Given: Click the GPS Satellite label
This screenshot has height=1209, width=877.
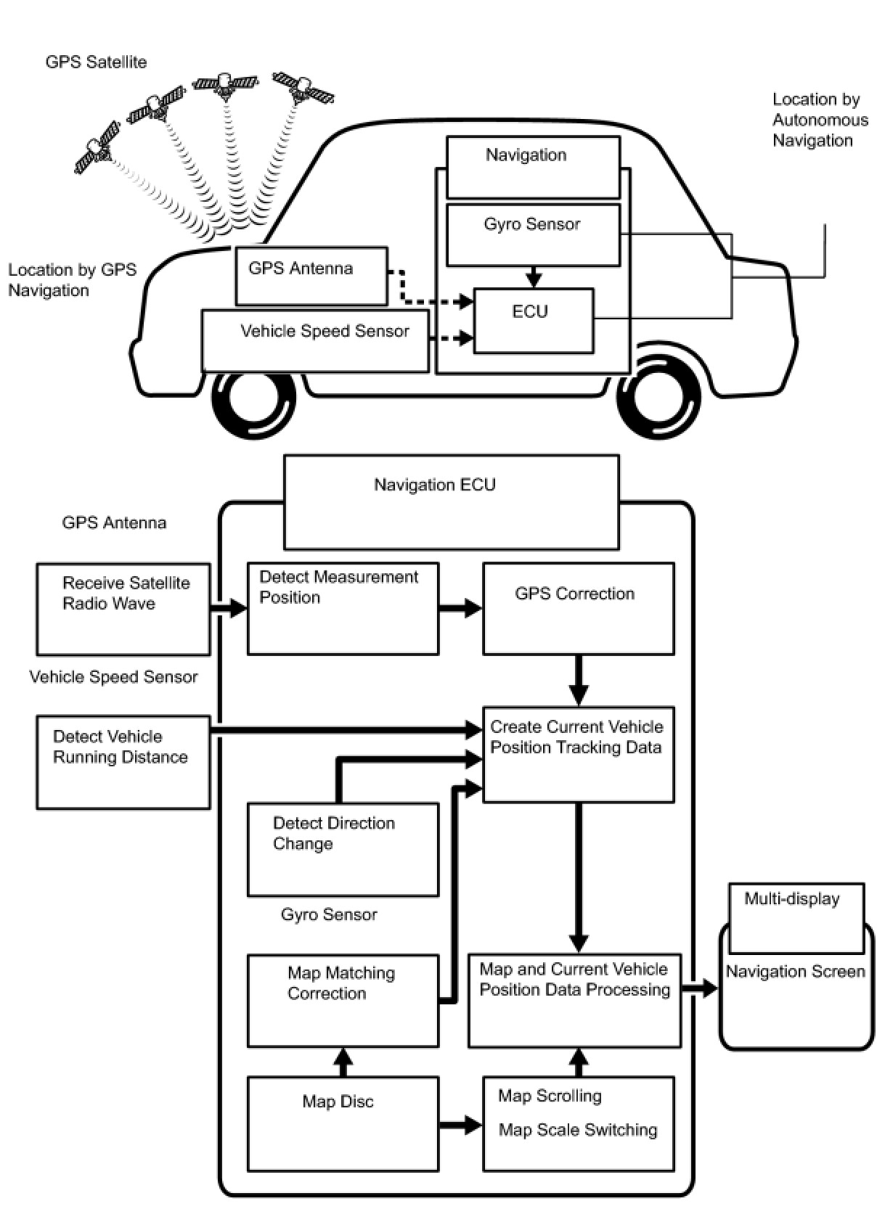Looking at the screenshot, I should (x=96, y=62).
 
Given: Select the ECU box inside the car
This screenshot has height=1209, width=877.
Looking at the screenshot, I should (x=533, y=321).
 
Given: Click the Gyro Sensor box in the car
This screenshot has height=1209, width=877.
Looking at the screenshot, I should (x=533, y=234).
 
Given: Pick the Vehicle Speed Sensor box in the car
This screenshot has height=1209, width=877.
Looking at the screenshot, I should (x=315, y=340).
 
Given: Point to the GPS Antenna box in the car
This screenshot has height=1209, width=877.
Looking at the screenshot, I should (x=311, y=276).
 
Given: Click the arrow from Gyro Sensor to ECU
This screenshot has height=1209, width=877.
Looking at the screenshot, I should (x=534, y=276).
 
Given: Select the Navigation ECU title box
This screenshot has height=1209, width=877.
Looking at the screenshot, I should (x=451, y=501).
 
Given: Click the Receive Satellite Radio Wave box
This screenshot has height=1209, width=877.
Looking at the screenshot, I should (x=123, y=609).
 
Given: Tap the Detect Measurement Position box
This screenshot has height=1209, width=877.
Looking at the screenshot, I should (x=343, y=609).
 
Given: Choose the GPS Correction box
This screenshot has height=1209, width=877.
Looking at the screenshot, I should (x=578, y=609).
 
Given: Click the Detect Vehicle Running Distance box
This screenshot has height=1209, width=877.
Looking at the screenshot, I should (x=123, y=762).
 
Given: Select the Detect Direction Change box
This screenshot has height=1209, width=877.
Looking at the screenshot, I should (x=343, y=849).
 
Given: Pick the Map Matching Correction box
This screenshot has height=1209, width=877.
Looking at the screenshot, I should (x=343, y=1001).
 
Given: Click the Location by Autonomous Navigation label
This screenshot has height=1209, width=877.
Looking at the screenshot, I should (x=820, y=120).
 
